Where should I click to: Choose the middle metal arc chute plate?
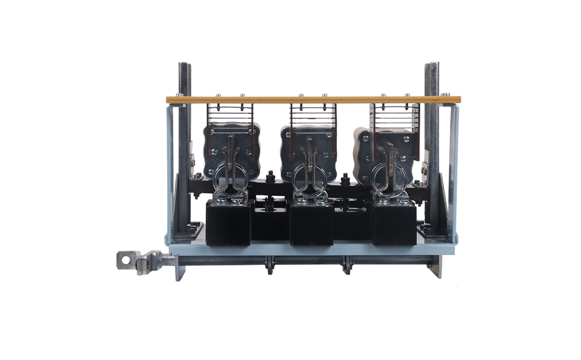click(x=310, y=149)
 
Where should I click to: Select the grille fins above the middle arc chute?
click(x=311, y=115)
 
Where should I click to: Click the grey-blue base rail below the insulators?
click(x=312, y=248)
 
